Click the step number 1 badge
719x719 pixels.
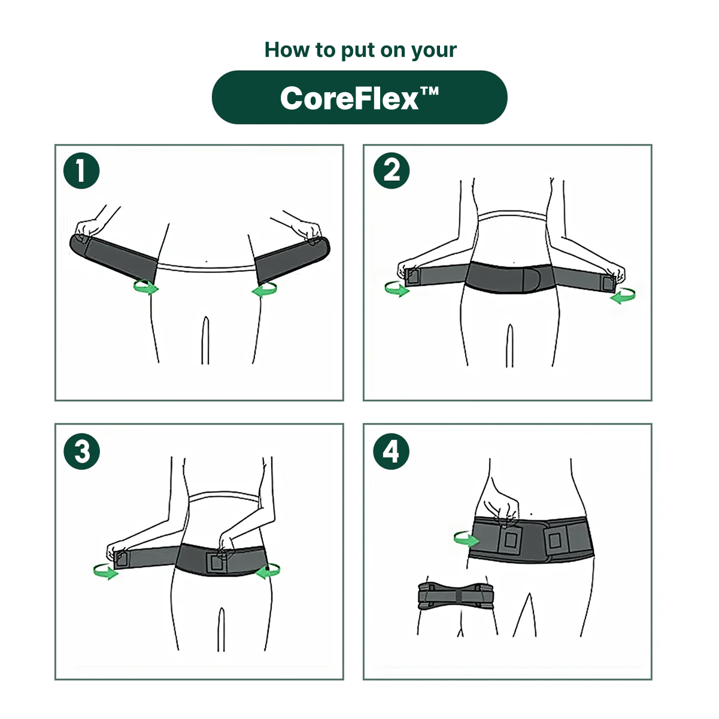81,171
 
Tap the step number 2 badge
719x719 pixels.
391,171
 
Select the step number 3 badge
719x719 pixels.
81,451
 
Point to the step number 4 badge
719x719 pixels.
391,451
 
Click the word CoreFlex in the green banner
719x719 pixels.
349,98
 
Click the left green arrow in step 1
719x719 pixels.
145,288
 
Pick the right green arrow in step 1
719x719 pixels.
265,290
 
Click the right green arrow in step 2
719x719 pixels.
623,295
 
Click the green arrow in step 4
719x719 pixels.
466,539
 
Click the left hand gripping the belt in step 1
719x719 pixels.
89,228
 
